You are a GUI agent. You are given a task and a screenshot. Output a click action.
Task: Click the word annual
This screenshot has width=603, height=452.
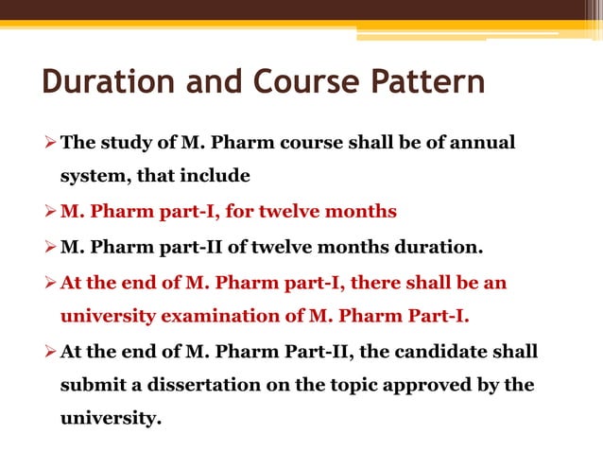tap(484, 144)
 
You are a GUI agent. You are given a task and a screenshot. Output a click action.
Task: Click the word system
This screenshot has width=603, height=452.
tap(89, 175)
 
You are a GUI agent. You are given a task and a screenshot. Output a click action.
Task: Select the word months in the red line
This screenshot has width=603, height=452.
tap(364, 211)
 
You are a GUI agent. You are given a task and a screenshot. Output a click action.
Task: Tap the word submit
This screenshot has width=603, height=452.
tap(90, 385)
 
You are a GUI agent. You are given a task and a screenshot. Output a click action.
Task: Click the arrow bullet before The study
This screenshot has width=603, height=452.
tap(49, 144)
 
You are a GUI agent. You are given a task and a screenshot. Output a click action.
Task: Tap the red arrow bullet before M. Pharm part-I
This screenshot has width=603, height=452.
tap(49, 211)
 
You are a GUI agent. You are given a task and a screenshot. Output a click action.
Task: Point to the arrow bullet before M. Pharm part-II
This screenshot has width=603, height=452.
tap(49, 249)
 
